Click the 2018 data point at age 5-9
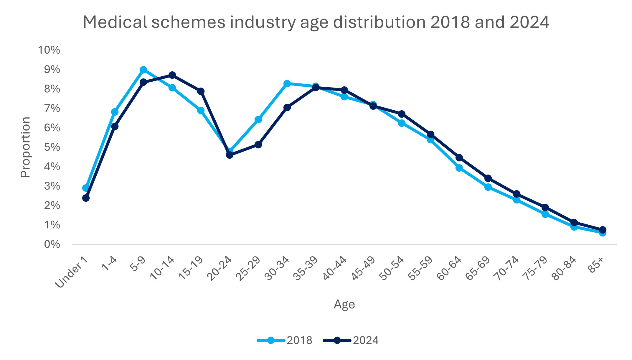[143, 70]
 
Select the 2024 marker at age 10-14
[172, 75]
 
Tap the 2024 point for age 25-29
[258, 145]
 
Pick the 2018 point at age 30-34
[287, 84]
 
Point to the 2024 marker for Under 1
[86, 198]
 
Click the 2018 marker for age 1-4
[115, 112]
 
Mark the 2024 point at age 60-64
[459, 158]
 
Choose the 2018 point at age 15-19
[201, 111]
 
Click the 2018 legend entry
[285, 340]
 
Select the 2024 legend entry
[351, 340]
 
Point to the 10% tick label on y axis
[49, 50]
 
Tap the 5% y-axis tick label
[52, 147]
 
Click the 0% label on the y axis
[52, 244]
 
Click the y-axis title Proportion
[26, 147]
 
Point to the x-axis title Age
[344, 305]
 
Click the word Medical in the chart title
[115, 22]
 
